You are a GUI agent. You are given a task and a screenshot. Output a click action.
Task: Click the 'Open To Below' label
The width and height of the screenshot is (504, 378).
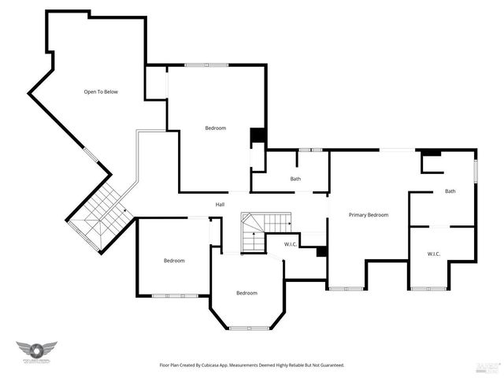(101, 92)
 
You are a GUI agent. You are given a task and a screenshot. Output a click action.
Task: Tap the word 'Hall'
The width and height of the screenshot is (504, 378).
(220, 205)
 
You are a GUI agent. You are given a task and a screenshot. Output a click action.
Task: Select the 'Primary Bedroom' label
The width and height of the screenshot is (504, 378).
(369, 215)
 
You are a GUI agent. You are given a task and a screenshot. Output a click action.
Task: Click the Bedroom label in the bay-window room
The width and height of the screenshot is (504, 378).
(246, 293)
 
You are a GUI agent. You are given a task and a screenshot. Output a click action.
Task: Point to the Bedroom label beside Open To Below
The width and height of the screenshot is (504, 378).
(216, 128)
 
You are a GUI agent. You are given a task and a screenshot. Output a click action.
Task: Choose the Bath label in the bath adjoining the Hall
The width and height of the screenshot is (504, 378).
(295, 179)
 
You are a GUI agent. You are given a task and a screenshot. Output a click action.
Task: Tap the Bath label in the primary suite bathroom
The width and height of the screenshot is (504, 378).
(450, 191)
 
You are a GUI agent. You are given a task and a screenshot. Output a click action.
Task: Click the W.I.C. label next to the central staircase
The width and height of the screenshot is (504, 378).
(291, 245)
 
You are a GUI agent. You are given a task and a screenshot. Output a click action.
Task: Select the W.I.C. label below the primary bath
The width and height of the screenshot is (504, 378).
(433, 254)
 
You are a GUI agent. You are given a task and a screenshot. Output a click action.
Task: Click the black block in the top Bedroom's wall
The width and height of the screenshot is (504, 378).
(258, 135)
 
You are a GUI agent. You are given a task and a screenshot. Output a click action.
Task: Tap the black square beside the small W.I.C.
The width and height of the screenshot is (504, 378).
(321, 252)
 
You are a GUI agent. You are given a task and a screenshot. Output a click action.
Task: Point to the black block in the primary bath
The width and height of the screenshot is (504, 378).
(430, 152)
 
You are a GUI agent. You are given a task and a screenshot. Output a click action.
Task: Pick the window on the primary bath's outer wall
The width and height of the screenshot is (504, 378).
(476, 171)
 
